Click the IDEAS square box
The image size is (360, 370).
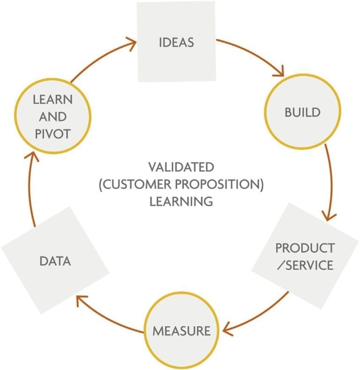point(176,42)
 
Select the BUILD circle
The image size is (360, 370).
point(303,112)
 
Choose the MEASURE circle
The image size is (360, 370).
point(182,330)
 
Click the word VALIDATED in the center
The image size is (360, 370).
point(181,167)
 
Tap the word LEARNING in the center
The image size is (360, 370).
point(181,201)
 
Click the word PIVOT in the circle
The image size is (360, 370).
point(52,133)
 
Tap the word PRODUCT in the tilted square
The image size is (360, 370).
point(305,247)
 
